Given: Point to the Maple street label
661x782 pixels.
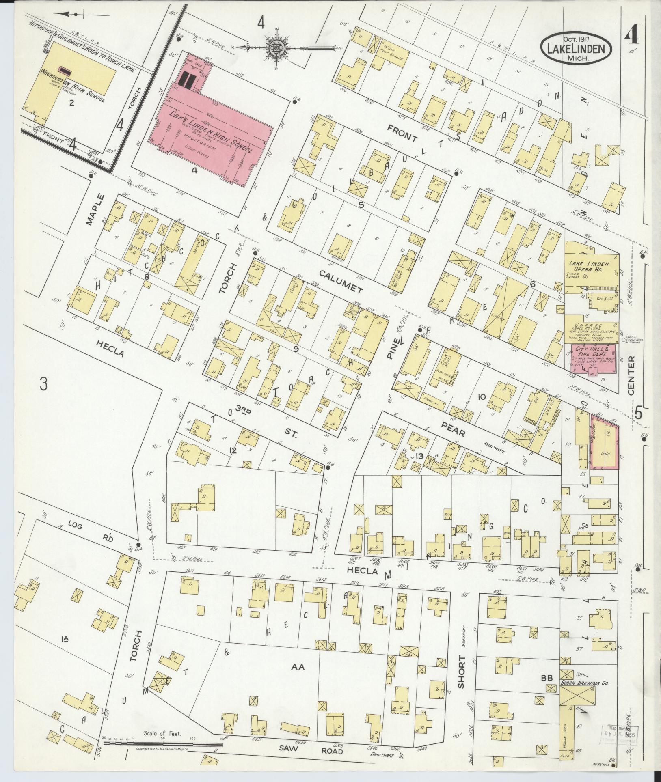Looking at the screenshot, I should click(100, 209).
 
